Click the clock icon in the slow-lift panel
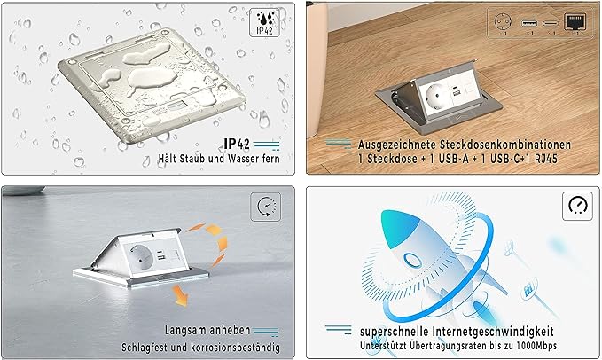tap(265, 208)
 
